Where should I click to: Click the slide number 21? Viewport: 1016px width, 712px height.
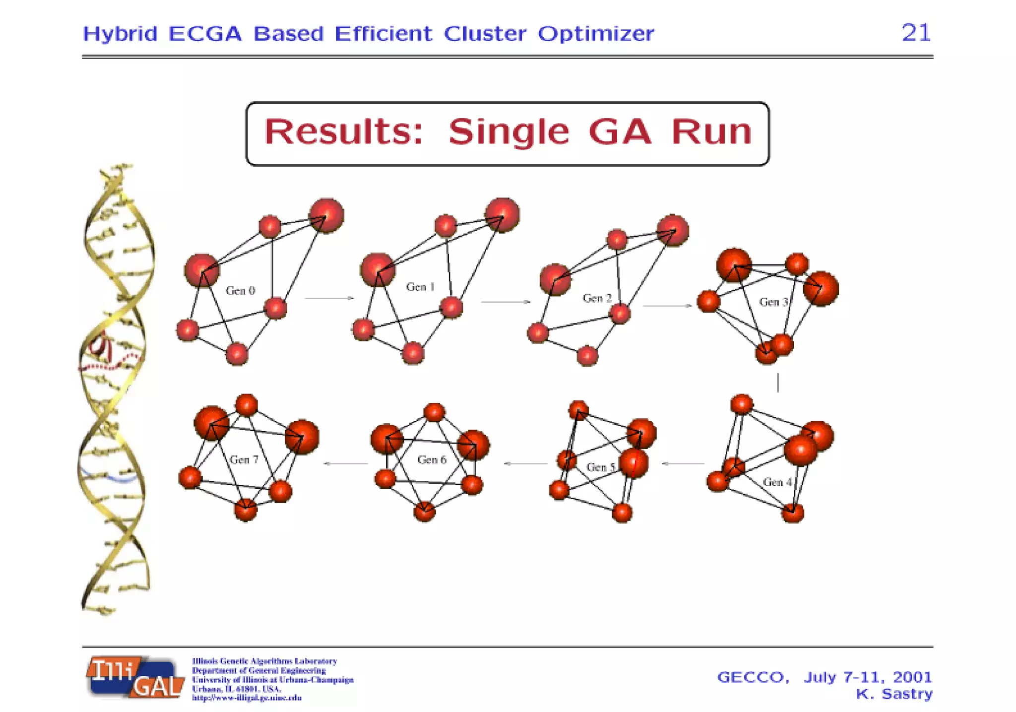coord(916,33)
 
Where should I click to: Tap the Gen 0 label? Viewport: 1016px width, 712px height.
coord(240,290)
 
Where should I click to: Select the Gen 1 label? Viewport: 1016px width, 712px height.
coord(420,287)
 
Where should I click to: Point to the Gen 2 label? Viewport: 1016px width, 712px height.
coord(597,298)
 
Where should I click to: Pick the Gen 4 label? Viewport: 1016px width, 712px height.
coord(777,482)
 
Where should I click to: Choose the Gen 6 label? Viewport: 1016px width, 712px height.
coord(432,459)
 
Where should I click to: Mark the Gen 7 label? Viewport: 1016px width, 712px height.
coord(244,459)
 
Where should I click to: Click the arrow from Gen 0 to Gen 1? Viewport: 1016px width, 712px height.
coord(329,298)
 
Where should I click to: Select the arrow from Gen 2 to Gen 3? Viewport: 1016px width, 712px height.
coord(667,306)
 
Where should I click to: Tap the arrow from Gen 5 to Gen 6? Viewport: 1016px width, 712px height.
coord(525,463)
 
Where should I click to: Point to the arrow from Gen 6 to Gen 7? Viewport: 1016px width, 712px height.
coord(346,463)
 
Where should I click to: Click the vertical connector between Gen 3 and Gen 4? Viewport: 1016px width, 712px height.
coord(778,383)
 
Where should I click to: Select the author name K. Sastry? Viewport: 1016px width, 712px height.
coord(894,694)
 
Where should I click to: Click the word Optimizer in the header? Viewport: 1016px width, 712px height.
coord(596,34)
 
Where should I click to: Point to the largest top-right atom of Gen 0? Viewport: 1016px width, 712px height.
coord(326,215)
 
